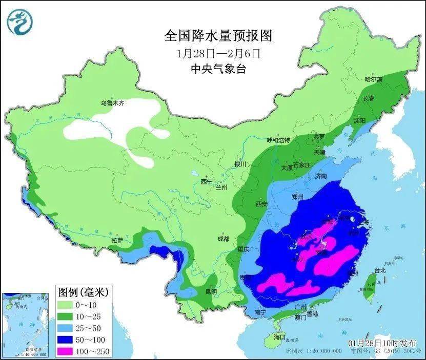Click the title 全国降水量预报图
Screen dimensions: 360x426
217,36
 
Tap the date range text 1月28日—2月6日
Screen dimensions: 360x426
217,53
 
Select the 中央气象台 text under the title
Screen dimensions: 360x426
217,69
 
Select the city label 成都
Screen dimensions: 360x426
223,239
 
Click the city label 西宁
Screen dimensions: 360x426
206,181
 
